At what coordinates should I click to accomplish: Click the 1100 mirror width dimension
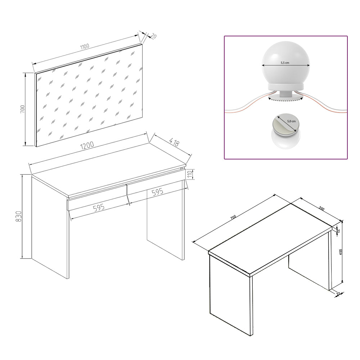pyautogui.click(x=85, y=46)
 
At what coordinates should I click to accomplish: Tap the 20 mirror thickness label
pyautogui.click(x=153, y=36)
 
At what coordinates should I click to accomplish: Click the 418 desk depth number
pyautogui.click(x=174, y=143)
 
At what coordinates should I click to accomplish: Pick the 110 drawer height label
pyautogui.click(x=193, y=175)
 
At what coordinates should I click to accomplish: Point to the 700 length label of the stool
pyautogui.click(x=233, y=217)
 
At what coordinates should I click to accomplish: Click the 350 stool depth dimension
pyautogui.click(x=321, y=208)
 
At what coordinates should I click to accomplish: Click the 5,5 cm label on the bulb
pyautogui.click(x=285, y=63)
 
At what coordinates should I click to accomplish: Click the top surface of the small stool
pyautogui.click(x=270, y=238)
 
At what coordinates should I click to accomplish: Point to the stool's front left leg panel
pyautogui.click(x=230, y=295)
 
